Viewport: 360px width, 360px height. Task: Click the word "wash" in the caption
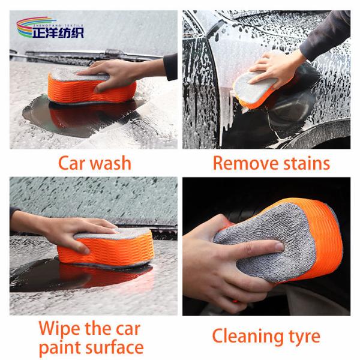pyautogui.click(x=110, y=163)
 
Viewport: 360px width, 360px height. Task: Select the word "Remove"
pyautogui.click(x=245, y=163)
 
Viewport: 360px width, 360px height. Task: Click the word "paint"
pyautogui.click(x=60, y=348)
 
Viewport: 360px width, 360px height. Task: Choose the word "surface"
pyautogui.click(x=115, y=347)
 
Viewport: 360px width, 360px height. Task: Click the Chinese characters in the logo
pyautogui.click(x=58, y=32)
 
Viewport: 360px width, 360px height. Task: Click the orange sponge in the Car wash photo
pyautogui.click(x=92, y=87)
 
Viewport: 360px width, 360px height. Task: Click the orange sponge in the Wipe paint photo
pyautogui.click(x=106, y=248)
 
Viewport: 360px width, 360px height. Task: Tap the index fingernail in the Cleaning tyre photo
pyautogui.click(x=280, y=247)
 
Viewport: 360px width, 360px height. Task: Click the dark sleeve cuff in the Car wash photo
pyautogui.click(x=170, y=67)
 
